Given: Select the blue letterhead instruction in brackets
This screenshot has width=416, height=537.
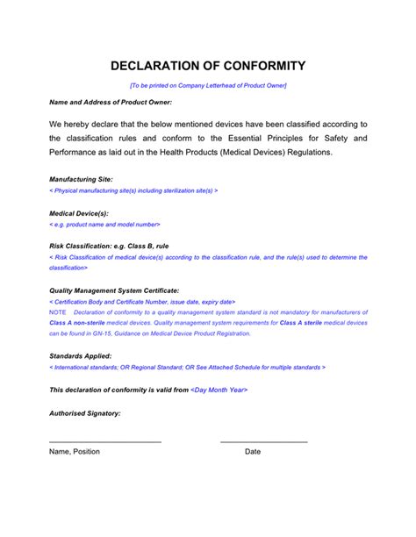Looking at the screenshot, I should click(208, 85).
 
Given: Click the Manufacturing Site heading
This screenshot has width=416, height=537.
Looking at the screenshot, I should click(81, 179).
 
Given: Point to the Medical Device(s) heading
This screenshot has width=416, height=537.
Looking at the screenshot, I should click(79, 213).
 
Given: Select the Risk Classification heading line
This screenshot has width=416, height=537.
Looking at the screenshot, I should click(109, 247).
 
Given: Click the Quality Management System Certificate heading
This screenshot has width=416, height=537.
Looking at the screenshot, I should click(114, 290).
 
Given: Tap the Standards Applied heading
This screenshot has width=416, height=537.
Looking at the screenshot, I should click(80, 355).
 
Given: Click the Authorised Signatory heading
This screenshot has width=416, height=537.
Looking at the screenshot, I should click(85, 412).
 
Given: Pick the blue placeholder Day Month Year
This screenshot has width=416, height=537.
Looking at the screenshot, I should click(219, 389).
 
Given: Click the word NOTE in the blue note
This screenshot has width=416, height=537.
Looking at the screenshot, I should click(58, 312).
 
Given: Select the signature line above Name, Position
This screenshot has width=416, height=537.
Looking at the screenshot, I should click(105, 440).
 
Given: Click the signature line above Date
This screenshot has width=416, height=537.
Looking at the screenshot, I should click(263, 440).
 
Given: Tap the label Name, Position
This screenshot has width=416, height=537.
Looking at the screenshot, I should click(75, 452).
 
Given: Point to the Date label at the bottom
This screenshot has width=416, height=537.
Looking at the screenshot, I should click(253, 452).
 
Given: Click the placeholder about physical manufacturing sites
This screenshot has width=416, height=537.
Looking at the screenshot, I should click(133, 190).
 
